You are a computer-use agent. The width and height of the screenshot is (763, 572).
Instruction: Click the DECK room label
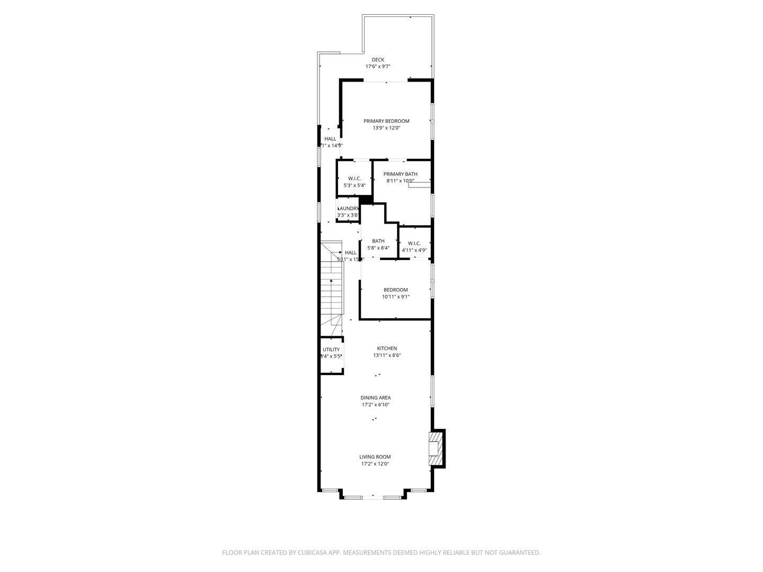(378, 60)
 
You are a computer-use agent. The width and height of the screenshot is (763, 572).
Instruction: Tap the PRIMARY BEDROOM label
(386, 121)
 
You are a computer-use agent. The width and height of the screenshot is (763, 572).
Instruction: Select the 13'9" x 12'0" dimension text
(386, 128)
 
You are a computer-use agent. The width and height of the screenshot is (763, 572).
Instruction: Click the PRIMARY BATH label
(401, 174)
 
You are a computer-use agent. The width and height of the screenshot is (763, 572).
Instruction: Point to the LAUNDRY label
(348, 209)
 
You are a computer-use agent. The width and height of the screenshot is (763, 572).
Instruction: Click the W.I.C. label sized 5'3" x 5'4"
(354, 178)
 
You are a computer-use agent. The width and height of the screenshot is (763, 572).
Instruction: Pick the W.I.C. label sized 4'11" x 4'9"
(414, 244)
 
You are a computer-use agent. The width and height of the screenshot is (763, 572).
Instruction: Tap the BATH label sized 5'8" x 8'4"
(378, 242)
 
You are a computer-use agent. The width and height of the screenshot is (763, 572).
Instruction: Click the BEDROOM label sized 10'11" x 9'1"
(396, 290)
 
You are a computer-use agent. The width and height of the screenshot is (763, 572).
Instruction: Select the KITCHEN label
(387, 348)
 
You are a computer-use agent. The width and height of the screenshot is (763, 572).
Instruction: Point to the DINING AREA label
(376, 398)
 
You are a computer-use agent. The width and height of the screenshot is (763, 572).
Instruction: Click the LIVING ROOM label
(375, 457)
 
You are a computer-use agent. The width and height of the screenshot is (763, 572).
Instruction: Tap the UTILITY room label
(331, 350)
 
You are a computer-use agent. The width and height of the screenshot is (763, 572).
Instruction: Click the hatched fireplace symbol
(435, 449)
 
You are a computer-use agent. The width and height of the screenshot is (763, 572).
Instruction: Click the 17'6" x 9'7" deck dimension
(378, 67)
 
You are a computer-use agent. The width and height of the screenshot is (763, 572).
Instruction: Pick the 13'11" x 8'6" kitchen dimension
(387, 355)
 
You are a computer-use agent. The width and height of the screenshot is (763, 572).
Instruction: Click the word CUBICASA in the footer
(315, 553)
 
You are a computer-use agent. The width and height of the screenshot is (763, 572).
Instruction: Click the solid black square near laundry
(366, 200)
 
